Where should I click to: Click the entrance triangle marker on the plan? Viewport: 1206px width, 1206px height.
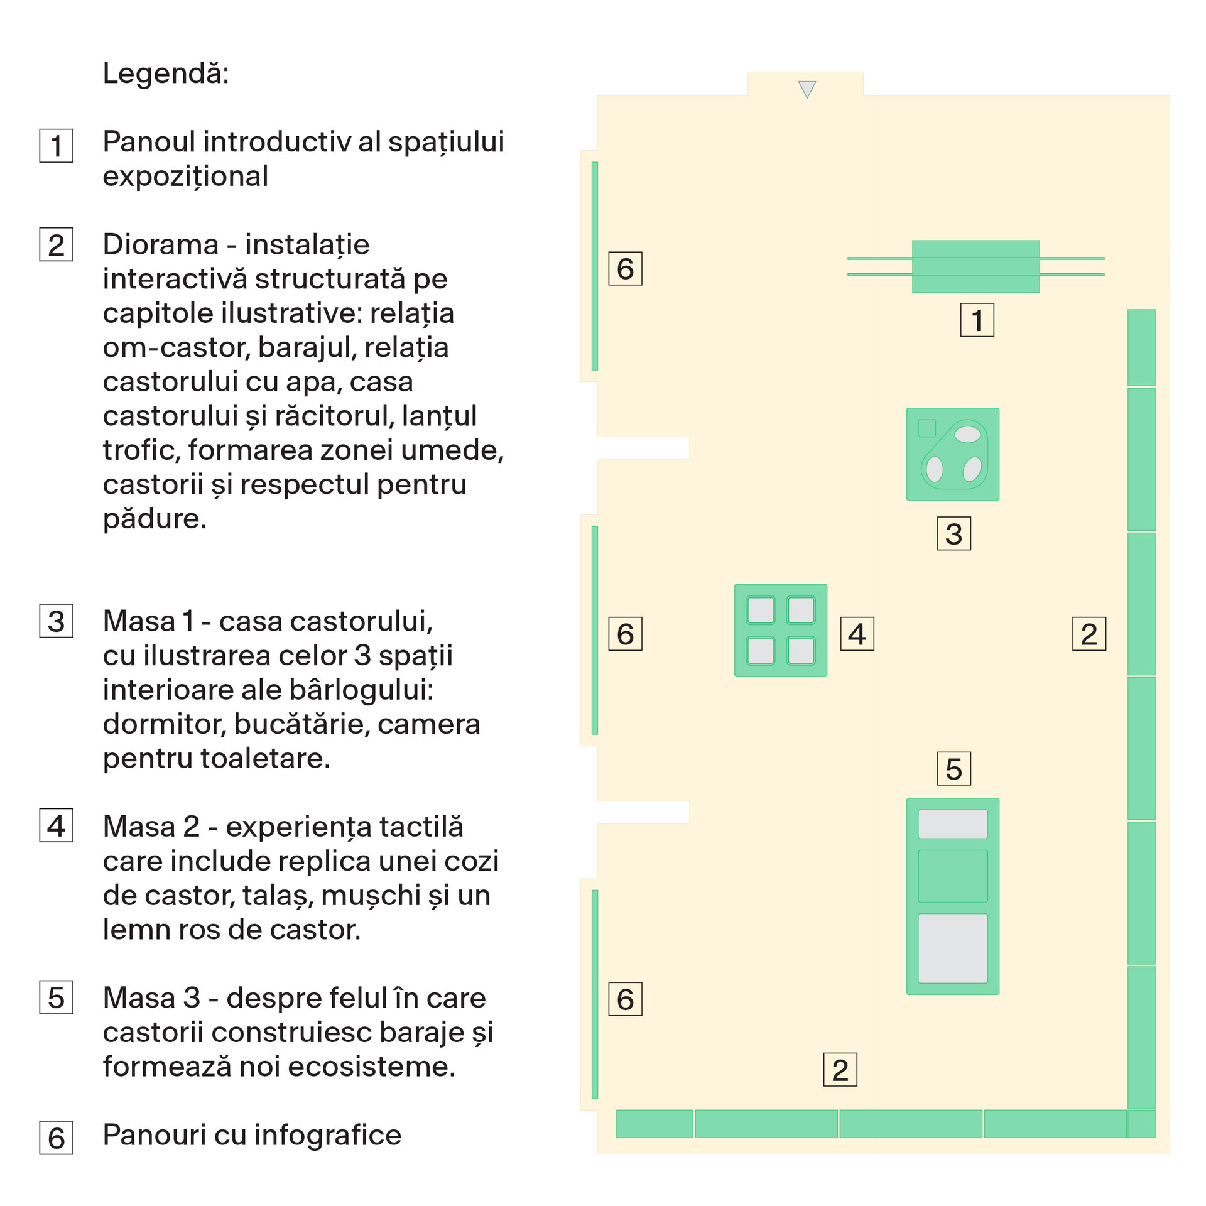tap(807, 89)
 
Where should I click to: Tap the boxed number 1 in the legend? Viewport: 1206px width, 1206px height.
tap(57, 146)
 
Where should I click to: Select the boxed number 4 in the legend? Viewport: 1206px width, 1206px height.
tap(57, 825)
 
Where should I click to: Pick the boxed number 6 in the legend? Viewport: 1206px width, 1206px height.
tap(57, 1138)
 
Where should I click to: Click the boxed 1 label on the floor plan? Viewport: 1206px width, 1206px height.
tap(977, 320)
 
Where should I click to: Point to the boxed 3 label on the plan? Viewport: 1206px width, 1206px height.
tap(954, 533)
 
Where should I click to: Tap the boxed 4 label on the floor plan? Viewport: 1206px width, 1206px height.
tap(857, 634)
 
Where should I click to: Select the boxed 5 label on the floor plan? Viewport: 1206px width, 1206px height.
tap(954, 769)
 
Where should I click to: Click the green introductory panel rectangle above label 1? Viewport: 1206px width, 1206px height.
tap(976, 266)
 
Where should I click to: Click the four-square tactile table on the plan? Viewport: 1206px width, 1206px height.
tap(781, 630)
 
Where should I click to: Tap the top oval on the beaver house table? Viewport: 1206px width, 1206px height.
tap(967, 434)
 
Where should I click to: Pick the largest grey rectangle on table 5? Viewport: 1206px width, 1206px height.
tap(953, 948)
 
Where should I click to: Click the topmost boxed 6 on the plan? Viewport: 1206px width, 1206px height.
tap(626, 269)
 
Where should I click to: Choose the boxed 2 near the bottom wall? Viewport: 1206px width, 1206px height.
tap(840, 1070)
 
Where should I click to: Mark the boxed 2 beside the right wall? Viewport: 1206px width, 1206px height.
tap(1089, 634)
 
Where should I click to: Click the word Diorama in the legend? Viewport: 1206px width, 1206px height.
tap(161, 244)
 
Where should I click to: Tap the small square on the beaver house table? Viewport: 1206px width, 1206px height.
tap(927, 428)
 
